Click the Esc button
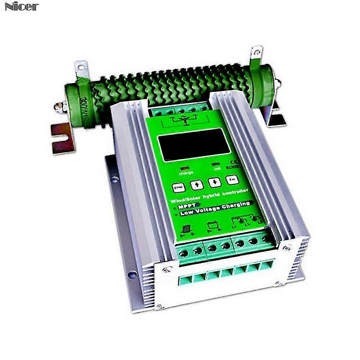click(232, 180)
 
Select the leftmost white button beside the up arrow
click(179, 188)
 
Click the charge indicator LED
click(185, 168)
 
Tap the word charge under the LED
click(186, 173)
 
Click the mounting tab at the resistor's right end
click(257, 53)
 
